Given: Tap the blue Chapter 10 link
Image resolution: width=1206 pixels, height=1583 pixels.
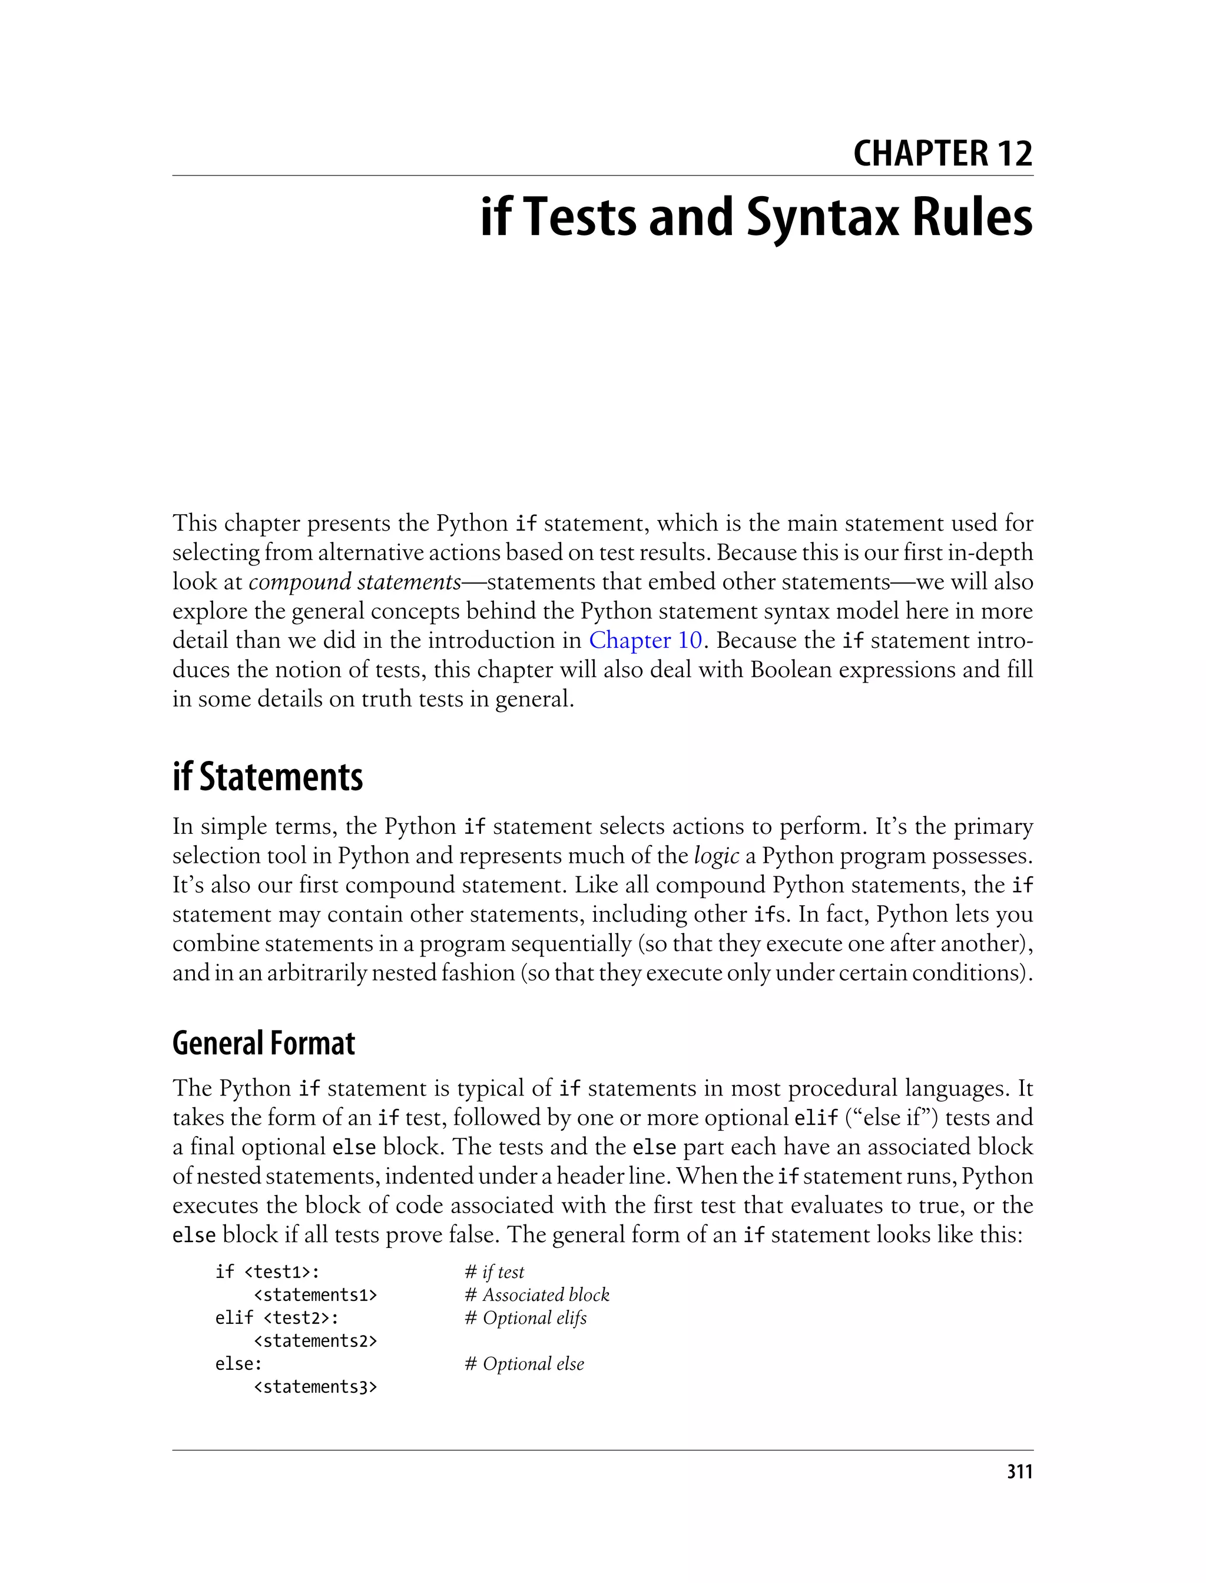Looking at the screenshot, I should [x=645, y=640].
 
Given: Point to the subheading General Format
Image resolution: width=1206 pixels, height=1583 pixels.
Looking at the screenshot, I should [x=263, y=1043].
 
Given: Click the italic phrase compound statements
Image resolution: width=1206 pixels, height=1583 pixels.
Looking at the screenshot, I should [x=354, y=581].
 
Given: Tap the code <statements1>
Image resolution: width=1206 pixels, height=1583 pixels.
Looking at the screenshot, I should [x=315, y=1294].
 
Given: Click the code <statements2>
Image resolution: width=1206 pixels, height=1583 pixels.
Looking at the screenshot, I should [x=315, y=1340].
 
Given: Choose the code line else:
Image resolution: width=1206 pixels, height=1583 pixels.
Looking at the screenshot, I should [x=238, y=1363].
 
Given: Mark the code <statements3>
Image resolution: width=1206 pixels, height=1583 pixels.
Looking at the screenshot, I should [x=315, y=1386].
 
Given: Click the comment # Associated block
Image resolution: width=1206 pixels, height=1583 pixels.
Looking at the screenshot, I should [x=537, y=1294].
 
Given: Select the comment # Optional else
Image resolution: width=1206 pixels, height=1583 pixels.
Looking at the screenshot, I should [x=524, y=1363].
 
